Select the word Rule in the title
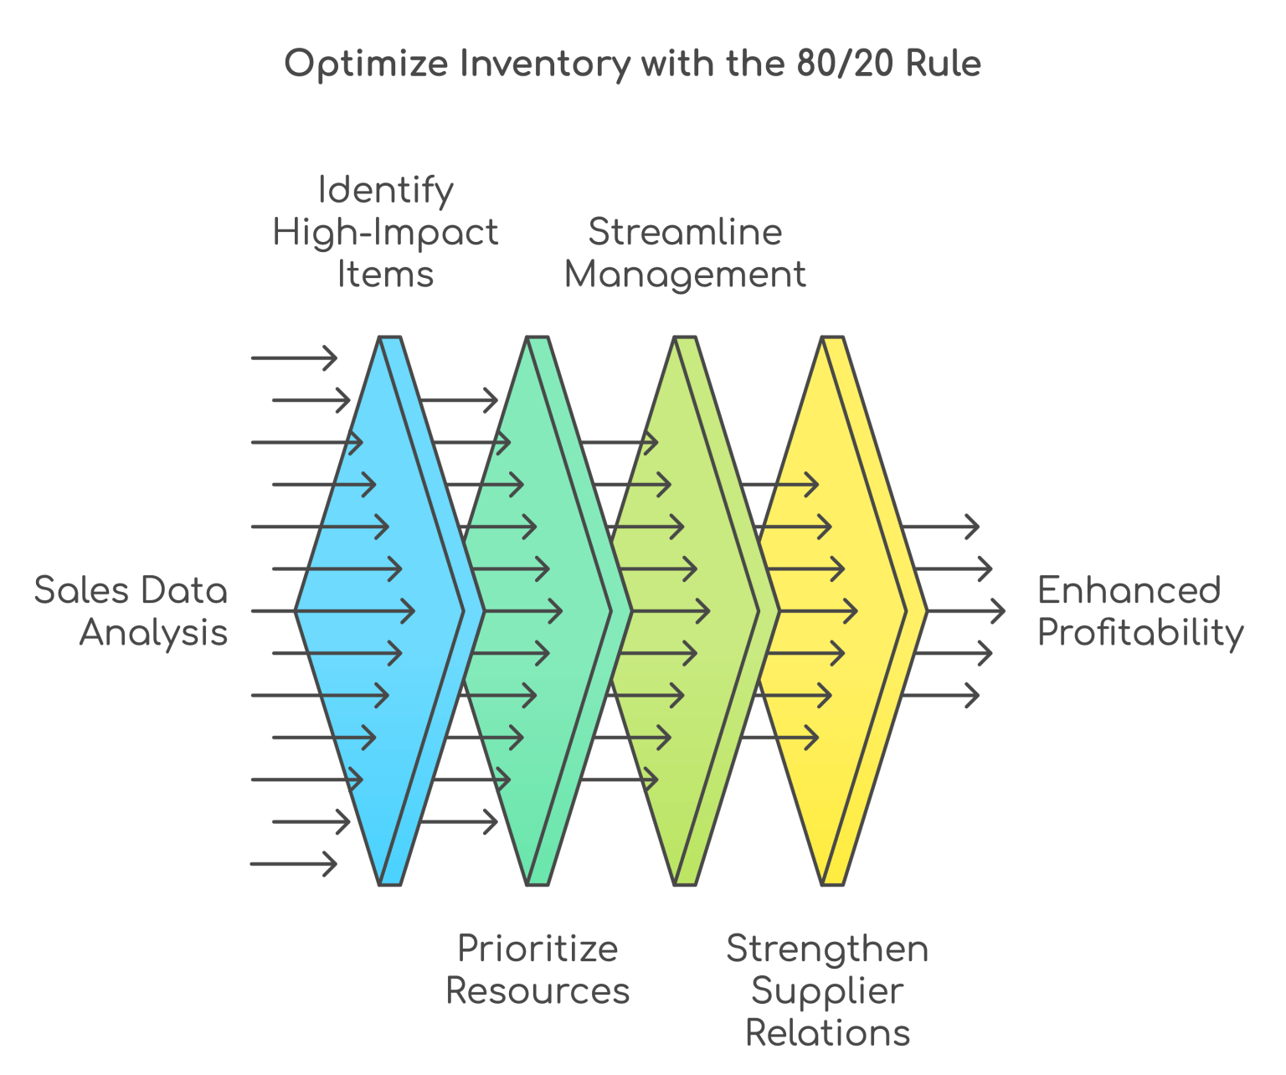(944, 64)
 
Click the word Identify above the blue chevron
(386, 191)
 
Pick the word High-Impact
(386, 233)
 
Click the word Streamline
(685, 232)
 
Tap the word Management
(685, 275)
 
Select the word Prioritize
(538, 949)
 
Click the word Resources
(538, 991)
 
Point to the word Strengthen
(827, 949)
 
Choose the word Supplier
(827, 992)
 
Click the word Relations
(827, 1033)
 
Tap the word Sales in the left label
(81, 591)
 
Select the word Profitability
(1140, 634)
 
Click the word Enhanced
(1129, 591)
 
